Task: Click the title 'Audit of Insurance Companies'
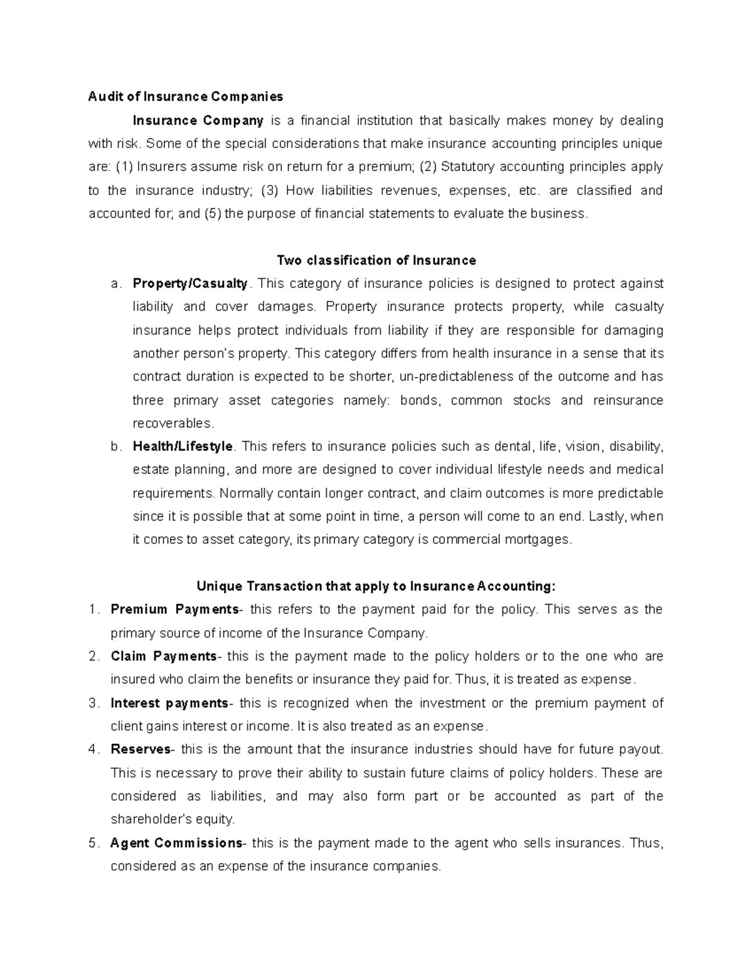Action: [x=186, y=97]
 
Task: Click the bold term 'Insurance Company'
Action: [x=198, y=120]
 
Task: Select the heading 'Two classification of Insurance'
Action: [x=376, y=260]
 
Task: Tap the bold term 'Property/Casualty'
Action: [x=190, y=283]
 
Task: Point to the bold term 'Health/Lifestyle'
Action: [x=183, y=447]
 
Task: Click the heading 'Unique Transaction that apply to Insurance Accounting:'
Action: [x=376, y=586]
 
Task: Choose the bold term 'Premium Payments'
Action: [x=174, y=610]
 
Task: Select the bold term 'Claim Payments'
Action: [x=164, y=657]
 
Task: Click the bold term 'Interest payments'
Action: [x=169, y=703]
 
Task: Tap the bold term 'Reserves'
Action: [x=141, y=749]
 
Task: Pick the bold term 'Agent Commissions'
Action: [x=176, y=843]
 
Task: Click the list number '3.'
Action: [x=94, y=703]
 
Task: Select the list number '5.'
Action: [x=94, y=843]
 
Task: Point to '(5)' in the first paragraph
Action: [x=212, y=214]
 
